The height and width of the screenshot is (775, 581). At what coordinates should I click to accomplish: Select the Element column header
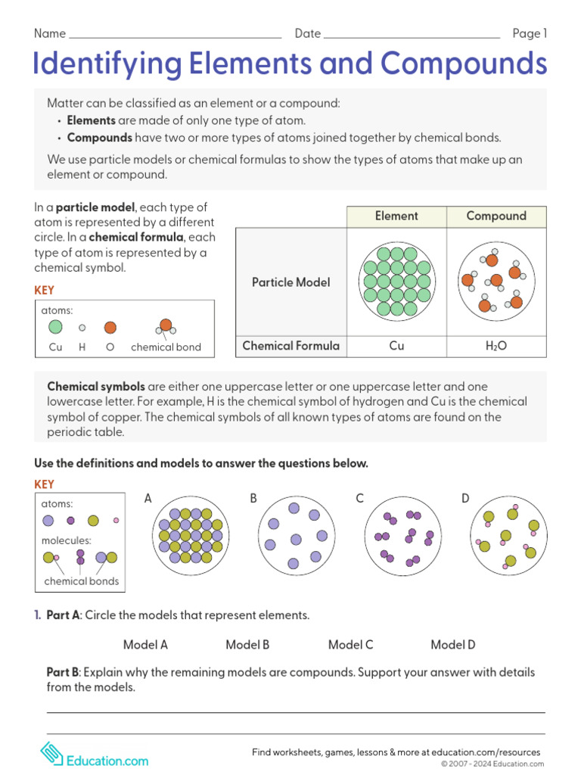(x=396, y=216)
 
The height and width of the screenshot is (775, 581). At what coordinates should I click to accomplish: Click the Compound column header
(x=496, y=216)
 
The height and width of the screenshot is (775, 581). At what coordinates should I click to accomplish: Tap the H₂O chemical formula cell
(x=496, y=346)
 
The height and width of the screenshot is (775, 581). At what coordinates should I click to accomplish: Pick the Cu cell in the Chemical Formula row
(x=396, y=346)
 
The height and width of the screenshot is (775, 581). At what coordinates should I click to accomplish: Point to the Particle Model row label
(x=291, y=282)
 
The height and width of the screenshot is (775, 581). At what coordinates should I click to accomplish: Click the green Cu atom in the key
(x=55, y=327)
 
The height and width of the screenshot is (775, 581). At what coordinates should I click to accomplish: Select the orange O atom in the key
(x=110, y=328)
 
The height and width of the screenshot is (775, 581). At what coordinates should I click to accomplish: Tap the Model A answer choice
(x=145, y=645)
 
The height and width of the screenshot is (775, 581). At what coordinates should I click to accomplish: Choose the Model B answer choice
(x=247, y=645)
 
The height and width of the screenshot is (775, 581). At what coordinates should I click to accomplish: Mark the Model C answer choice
(x=350, y=645)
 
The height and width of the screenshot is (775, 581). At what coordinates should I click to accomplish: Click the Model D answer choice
(x=453, y=645)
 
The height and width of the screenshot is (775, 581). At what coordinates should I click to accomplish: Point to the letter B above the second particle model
(x=253, y=498)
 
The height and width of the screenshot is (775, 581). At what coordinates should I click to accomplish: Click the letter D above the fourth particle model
(x=465, y=498)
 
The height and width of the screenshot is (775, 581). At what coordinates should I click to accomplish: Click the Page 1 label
(x=530, y=33)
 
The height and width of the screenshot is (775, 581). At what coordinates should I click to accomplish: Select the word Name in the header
(x=50, y=34)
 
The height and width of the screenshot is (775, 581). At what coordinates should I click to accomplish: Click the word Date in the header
(x=308, y=34)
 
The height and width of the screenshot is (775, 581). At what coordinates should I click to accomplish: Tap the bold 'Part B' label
(x=63, y=672)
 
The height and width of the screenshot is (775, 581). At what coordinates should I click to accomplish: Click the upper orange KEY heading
(x=45, y=290)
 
